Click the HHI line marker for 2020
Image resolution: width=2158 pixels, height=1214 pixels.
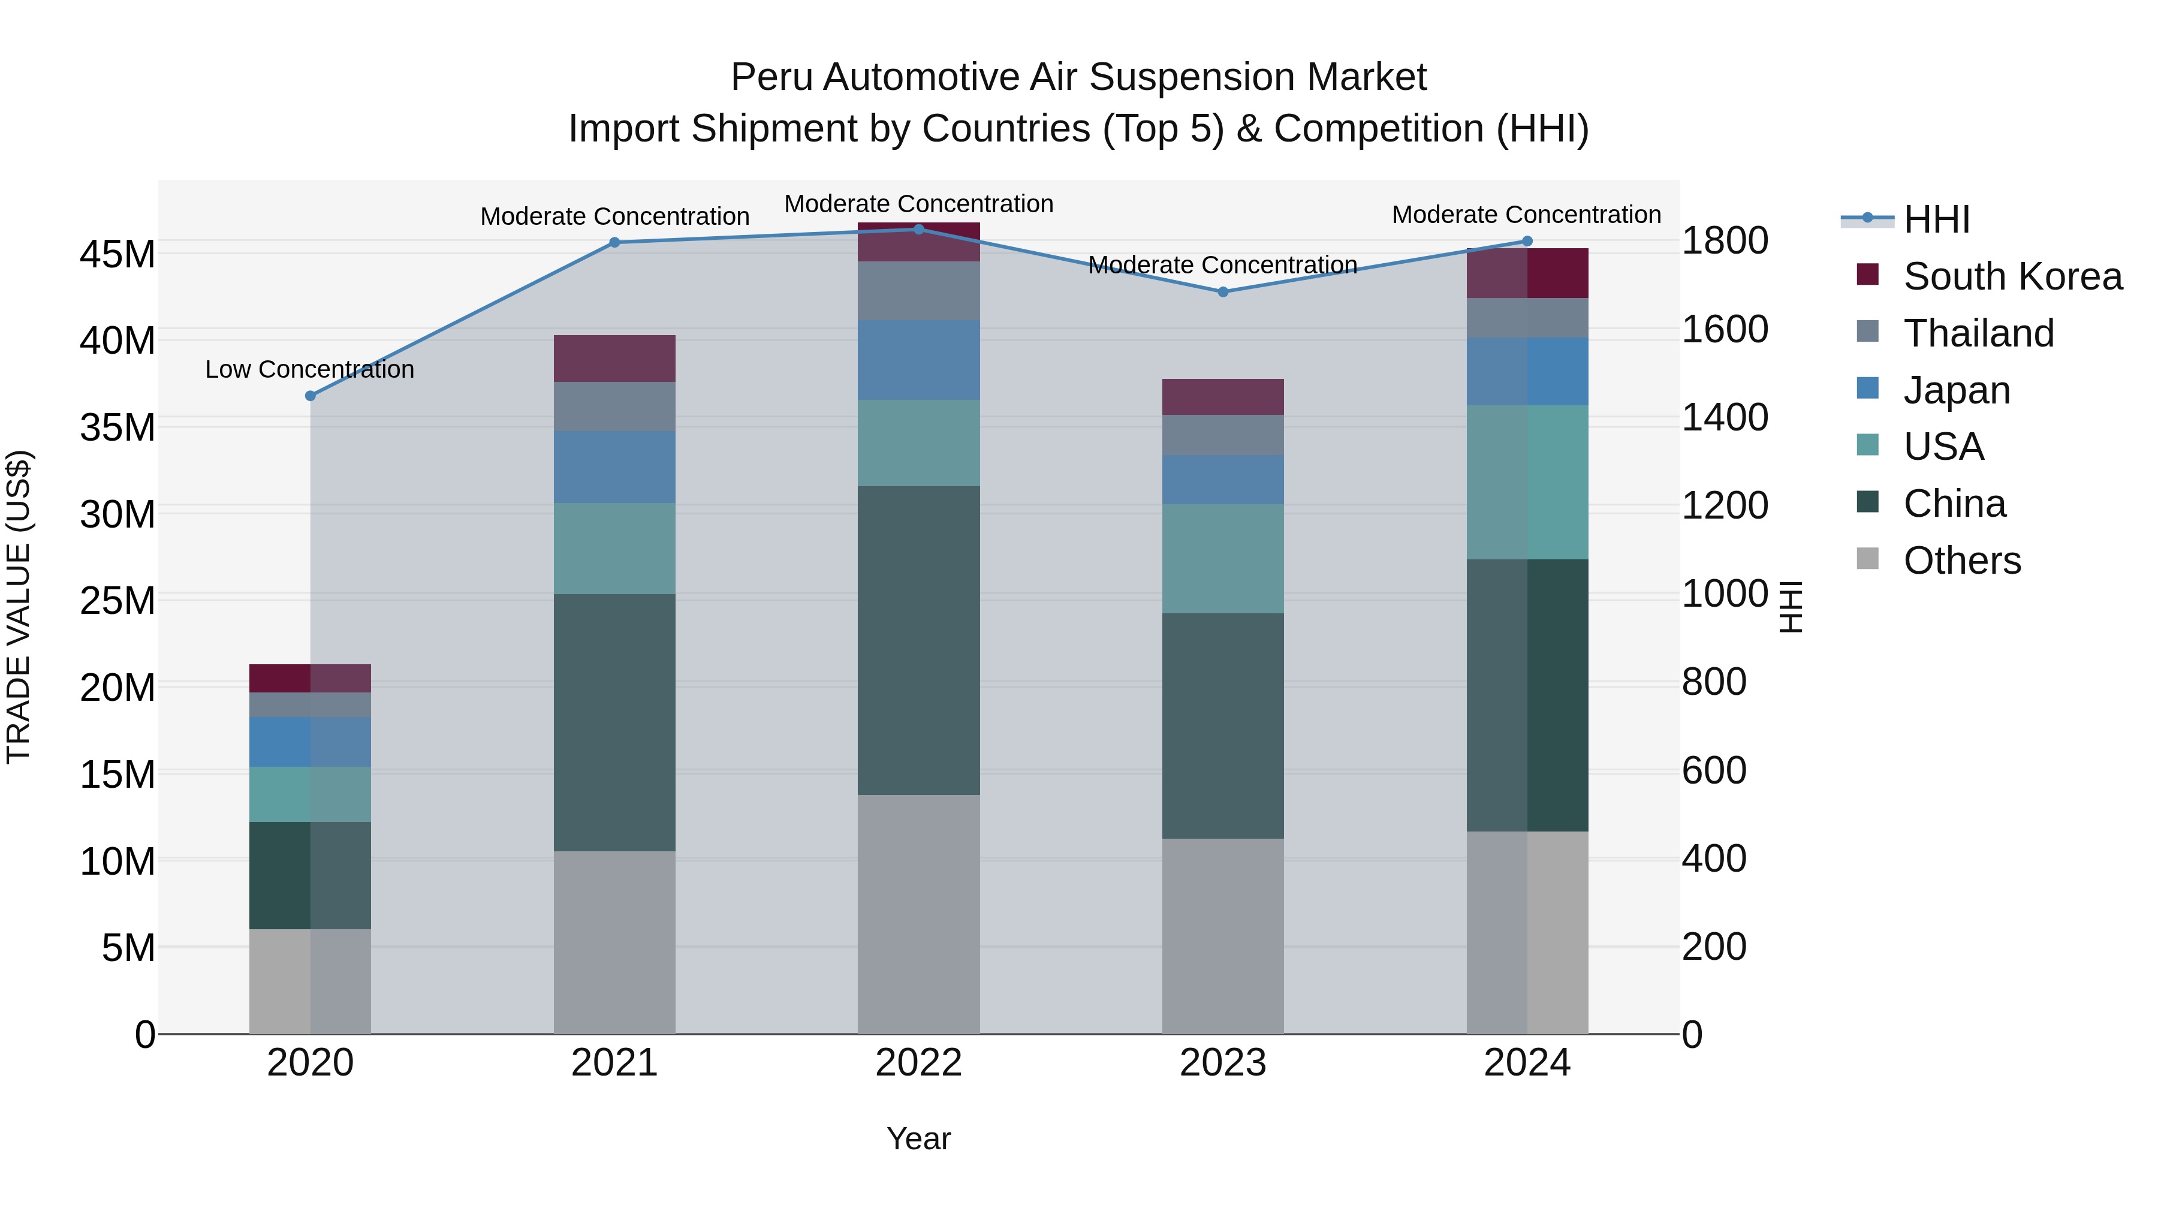310,396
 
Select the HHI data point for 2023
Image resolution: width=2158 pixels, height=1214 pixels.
1222,291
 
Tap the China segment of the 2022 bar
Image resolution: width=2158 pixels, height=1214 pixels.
918,640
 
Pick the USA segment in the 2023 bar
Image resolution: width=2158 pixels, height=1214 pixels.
1222,558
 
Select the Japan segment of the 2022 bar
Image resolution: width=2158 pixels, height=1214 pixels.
918,360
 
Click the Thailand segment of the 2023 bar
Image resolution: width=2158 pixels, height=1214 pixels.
1222,435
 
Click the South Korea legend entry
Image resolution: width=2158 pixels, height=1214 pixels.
2011,276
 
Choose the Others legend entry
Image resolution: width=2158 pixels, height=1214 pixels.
1960,561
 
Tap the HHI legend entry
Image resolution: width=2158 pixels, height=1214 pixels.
1935,219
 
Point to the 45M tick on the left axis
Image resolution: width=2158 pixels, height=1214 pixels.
117,254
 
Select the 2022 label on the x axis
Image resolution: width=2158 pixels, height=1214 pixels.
918,1063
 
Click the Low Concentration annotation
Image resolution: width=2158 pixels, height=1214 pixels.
309,369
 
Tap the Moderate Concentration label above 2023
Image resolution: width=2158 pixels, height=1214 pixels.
1222,265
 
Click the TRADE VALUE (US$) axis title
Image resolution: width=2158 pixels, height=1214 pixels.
19,607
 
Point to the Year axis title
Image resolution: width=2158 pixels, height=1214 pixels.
918,1138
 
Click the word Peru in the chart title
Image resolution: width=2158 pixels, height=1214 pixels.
771,77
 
